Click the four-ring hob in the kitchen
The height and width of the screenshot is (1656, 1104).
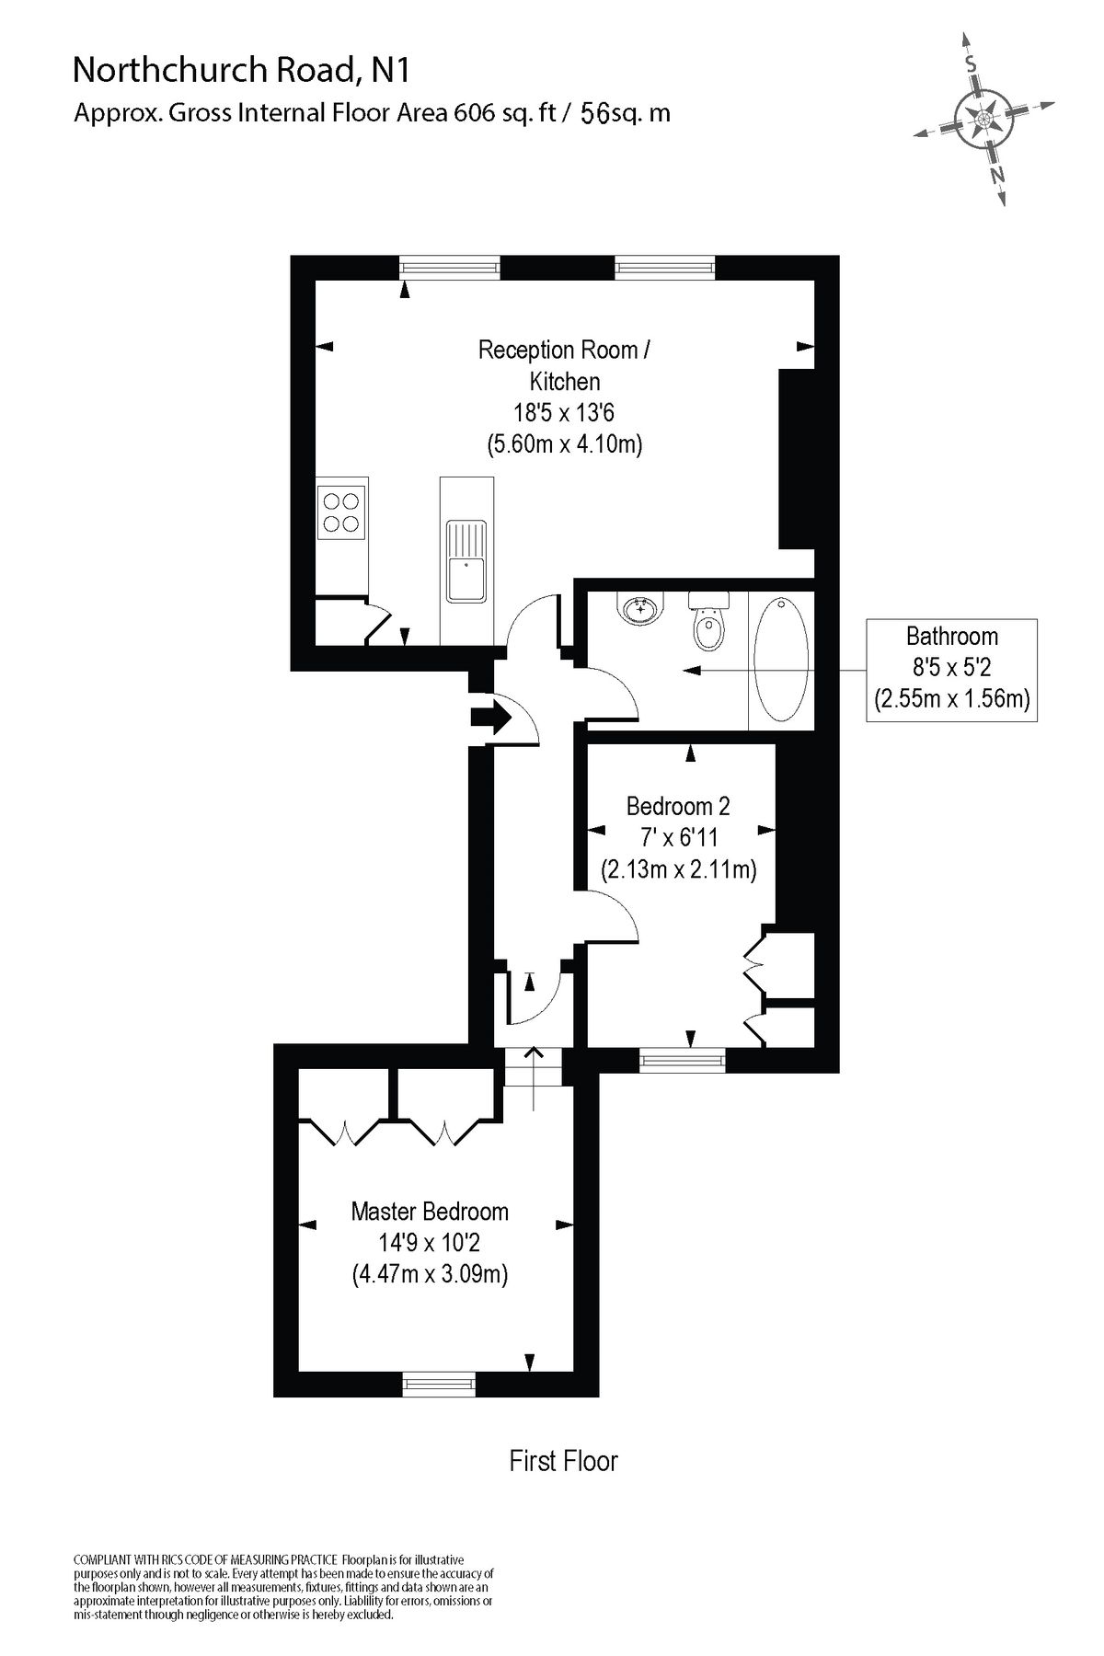click(x=339, y=512)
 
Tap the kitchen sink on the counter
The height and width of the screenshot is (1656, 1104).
click(x=466, y=561)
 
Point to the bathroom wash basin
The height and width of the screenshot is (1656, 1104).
click(x=640, y=609)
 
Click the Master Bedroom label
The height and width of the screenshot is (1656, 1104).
click(x=430, y=1211)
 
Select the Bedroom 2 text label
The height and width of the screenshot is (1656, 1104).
click(x=678, y=806)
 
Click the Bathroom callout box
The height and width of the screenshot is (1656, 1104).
click(x=951, y=669)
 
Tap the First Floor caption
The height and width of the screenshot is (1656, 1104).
click(x=563, y=1461)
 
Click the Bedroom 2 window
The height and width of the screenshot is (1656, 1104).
click(x=682, y=1061)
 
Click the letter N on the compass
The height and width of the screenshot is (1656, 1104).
click(x=997, y=175)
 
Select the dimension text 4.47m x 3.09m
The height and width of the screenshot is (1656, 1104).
click(x=430, y=1275)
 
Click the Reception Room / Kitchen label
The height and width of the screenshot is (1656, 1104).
click(x=564, y=364)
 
